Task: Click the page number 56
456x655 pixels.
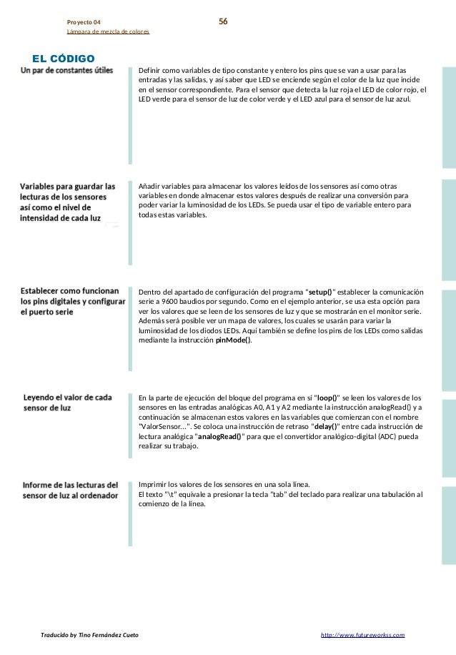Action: pyautogui.click(x=223, y=22)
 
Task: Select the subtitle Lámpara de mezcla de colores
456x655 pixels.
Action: pyautogui.click(x=108, y=32)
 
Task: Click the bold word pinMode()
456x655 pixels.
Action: pyautogui.click(x=234, y=340)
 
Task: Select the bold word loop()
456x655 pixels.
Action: pyautogui.click(x=328, y=397)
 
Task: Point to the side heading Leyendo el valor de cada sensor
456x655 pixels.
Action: pyautogui.click(x=67, y=403)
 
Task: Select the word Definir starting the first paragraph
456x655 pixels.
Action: pyautogui.click(x=152, y=71)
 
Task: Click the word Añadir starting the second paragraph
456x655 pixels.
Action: pyautogui.click(x=152, y=185)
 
